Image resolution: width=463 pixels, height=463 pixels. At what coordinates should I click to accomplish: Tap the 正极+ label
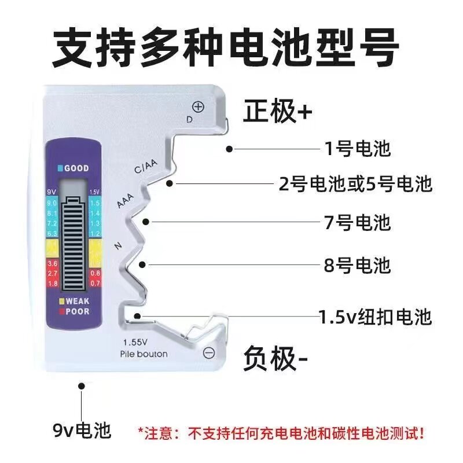[277, 112]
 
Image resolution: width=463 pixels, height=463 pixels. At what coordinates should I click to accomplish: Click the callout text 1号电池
[357, 149]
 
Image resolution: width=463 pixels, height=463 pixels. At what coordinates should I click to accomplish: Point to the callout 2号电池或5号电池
[355, 185]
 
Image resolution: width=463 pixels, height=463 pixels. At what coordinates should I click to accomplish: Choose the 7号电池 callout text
[357, 222]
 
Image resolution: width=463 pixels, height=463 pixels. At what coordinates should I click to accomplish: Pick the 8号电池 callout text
[357, 266]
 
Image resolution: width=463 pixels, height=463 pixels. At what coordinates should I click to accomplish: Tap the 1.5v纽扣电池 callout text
[376, 317]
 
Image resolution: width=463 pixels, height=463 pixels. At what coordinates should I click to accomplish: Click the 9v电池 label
[81, 431]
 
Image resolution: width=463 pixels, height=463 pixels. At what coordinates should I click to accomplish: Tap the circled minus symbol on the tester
[210, 352]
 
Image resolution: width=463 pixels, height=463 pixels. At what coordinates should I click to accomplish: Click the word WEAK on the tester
[76, 301]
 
